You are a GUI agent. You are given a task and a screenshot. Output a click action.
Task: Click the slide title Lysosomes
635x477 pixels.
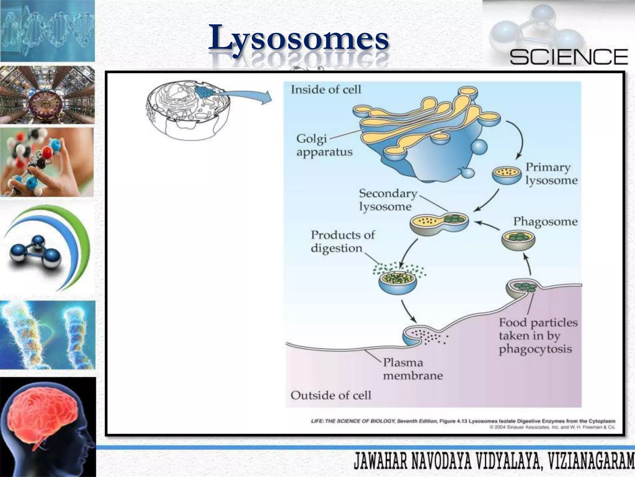tap(298, 38)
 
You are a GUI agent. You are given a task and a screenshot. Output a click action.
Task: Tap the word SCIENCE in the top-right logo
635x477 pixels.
tap(569, 57)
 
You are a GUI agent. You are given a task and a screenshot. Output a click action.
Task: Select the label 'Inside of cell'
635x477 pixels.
tap(326, 89)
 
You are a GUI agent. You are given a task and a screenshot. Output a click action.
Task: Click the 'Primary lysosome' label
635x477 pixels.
tap(551, 174)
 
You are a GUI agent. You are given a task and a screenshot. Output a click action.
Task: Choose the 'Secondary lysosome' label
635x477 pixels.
tap(388, 200)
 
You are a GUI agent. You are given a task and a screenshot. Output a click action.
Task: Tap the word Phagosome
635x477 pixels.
tap(545, 221)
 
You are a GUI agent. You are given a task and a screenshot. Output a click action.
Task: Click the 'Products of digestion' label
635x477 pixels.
tap(343, 241)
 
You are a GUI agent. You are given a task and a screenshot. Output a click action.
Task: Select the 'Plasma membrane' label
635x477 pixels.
tap(413, 369)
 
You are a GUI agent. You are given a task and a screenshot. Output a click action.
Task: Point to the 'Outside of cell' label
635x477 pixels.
tap(331, 395)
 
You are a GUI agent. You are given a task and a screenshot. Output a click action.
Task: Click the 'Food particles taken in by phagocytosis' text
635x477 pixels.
tap(538, 336)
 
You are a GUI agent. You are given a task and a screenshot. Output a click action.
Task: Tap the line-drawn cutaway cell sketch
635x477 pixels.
tap(188, 110)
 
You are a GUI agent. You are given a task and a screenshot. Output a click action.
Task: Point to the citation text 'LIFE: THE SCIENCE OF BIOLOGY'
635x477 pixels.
tap(353, 421)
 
